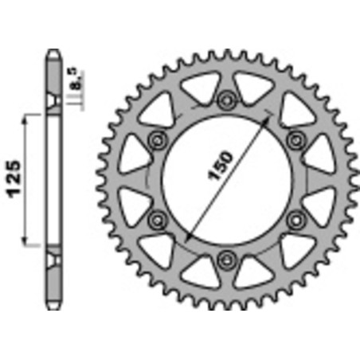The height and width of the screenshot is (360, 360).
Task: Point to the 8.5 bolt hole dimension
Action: pos(73,80)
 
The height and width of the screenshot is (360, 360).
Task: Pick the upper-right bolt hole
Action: pos(296,139)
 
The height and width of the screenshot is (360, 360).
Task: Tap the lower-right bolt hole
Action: pos(296,218)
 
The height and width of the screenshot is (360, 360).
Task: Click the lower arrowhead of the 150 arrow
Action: pos(186,239)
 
